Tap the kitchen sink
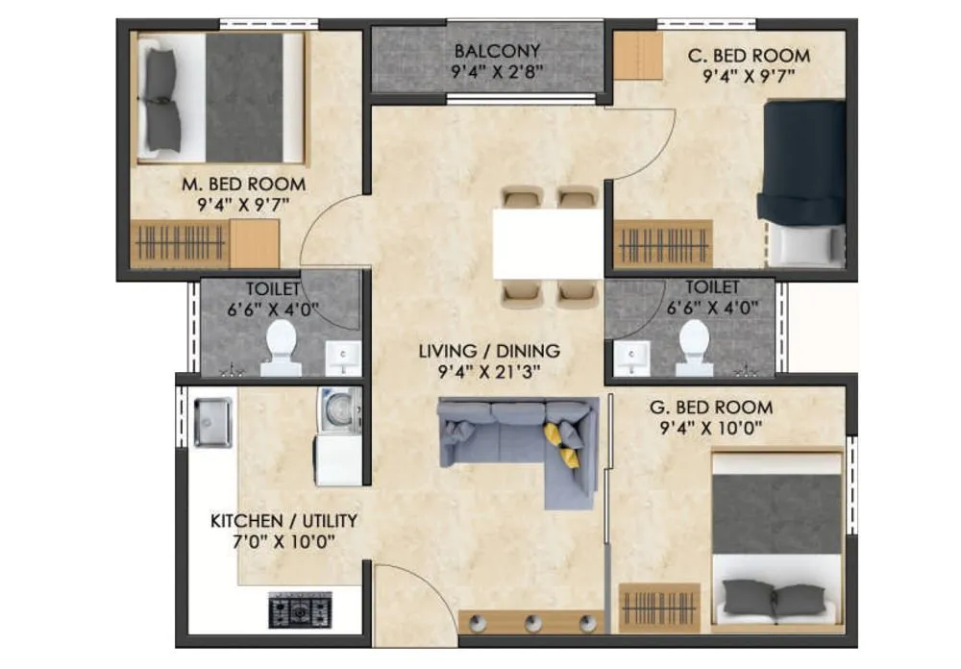pyautogui.click(x=211, y=422)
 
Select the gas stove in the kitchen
pyautogui.click(x=299, y=609)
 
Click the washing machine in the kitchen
pyautogui.click(x=338, y=409)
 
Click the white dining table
pyautogui.click(x=548, y=242)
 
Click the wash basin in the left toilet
pyautogui.click(x=342, y=357)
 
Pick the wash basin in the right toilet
pyautogui.click(x=631, y=357)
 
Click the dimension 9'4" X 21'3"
pyautogui.click(x=488, y=372)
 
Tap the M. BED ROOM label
pyautogui.click(x=244, y=184)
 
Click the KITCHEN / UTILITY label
pyautogui.click(x=283, y=521)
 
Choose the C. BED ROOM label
pyautogui.click(x=749, y=56)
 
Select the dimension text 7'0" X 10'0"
pyautogui.click(x=283, y=541)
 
